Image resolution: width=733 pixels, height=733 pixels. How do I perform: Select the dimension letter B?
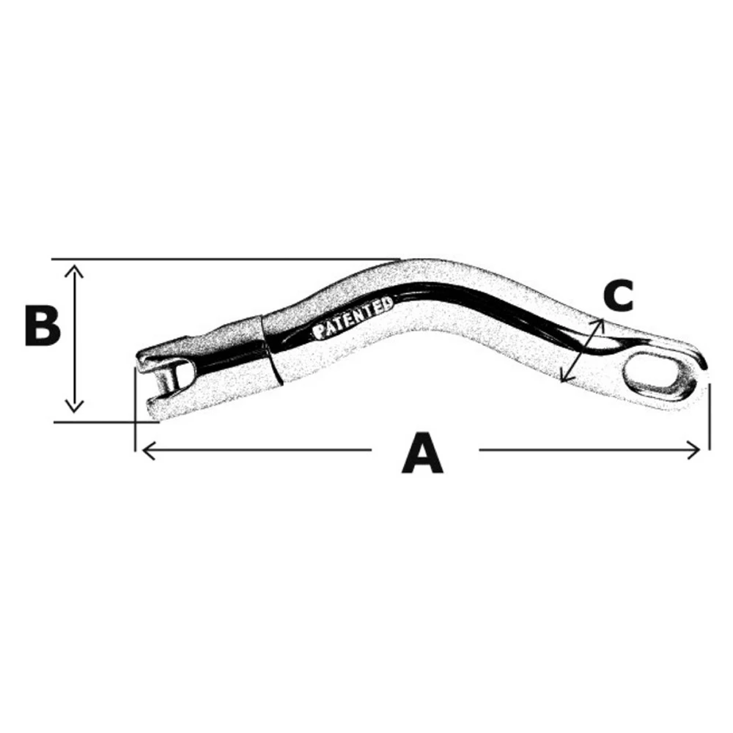tap(42, 325)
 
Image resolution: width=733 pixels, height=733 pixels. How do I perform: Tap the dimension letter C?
tap(618, 295)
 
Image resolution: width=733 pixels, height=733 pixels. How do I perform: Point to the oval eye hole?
tap(652, 372)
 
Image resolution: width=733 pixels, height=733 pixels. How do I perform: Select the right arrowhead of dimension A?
tap(696, 449)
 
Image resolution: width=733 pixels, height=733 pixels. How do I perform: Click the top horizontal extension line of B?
tap(220, 259)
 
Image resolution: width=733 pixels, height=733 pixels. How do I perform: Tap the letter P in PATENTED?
tap(319, 331)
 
